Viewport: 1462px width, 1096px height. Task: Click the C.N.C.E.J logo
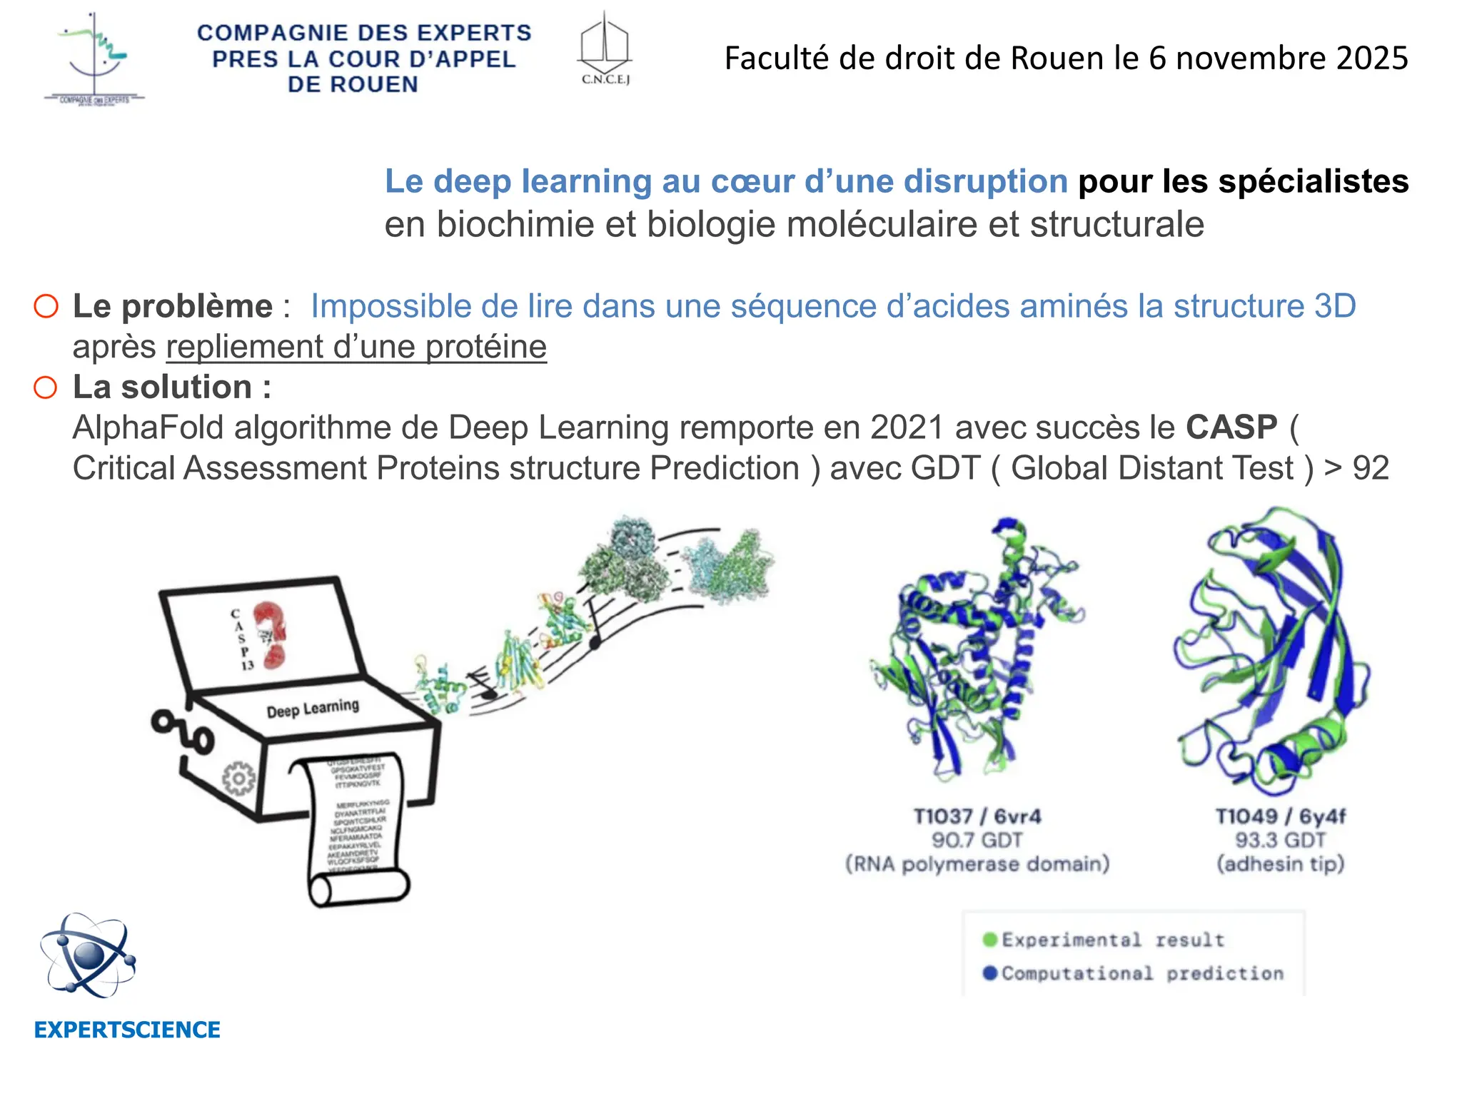click(605, 49)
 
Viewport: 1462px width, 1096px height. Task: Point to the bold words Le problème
click(173, 307)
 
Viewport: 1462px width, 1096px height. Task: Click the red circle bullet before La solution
click(46, 388)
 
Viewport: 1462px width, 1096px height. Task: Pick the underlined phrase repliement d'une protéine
click(356, 347)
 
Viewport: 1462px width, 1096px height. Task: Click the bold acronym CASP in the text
click(1231, 428)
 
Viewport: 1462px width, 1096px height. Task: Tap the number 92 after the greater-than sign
click(1371, 469)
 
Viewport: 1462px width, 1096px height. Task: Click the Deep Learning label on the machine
click(313, 709)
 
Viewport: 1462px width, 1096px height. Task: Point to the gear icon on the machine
click(238, 779)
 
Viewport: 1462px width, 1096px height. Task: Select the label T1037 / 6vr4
click(977, 816)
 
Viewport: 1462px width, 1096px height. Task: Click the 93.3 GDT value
click(1281, 840)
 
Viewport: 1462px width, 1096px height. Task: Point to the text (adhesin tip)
click(1281, 864)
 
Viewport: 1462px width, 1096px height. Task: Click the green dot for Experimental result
click(989, 940)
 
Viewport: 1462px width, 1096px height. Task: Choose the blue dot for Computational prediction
click(989, 973)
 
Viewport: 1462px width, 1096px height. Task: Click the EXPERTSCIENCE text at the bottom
click(127, 1030)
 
